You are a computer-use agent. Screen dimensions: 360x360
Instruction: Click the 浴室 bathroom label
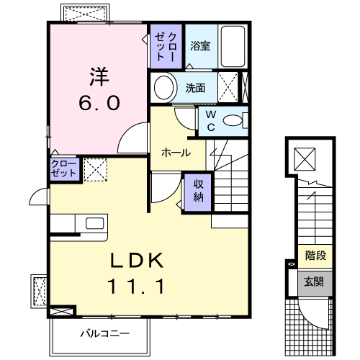(x=200, y=46)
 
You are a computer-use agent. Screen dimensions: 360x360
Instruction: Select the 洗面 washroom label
(x=196, y=89)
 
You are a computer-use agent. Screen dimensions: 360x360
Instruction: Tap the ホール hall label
(x=176, y=153)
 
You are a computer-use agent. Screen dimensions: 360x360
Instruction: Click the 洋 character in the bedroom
(x=99, y=76)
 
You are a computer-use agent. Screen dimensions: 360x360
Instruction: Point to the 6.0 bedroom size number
(x=99, y=103)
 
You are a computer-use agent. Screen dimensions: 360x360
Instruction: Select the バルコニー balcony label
(x=104, y=333)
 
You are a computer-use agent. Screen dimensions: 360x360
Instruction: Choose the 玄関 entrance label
(x=314, y=282)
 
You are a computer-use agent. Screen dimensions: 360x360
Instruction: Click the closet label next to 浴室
(x=167, y=46)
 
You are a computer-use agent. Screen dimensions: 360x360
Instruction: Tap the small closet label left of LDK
(x=63, y=170)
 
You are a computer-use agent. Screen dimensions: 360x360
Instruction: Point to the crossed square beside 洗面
(x=230, y=89)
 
